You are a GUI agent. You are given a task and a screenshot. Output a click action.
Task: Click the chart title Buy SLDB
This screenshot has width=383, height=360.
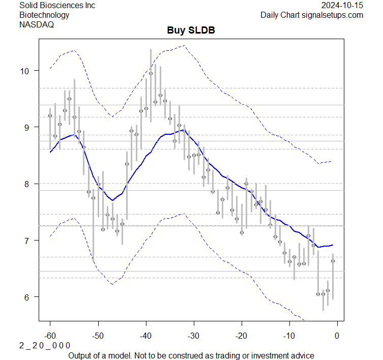point(191,30)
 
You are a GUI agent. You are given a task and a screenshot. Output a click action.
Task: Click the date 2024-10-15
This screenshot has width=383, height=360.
point(342,5)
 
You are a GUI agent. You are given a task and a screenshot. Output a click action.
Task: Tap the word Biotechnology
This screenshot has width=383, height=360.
point(44,15)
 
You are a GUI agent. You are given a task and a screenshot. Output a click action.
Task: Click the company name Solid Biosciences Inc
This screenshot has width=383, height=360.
point(57,5)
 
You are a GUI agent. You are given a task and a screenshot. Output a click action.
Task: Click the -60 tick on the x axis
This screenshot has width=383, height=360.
point(50,335)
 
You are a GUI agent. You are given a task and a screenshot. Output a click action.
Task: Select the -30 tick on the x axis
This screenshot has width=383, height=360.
point(193,335)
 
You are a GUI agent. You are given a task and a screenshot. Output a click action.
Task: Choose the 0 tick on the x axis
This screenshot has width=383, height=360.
point(337,335)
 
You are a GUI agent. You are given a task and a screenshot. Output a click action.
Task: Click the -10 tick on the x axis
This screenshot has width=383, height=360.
point(289,335)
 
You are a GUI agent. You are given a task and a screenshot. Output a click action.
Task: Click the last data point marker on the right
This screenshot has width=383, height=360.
point(333,261)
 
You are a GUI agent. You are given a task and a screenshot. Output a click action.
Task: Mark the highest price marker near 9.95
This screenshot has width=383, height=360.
point(151,73)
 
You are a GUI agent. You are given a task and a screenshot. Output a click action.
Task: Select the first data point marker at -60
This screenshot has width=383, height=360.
point(50,116)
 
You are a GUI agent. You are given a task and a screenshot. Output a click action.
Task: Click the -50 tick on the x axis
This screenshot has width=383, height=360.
point(98,335)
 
